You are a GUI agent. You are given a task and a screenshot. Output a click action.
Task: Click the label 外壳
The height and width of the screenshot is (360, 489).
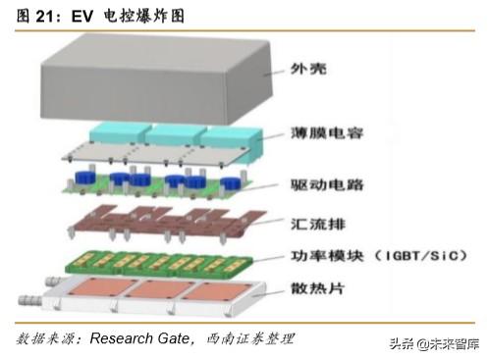308,69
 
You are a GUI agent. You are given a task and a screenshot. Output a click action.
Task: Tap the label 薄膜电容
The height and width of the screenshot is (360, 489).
327,133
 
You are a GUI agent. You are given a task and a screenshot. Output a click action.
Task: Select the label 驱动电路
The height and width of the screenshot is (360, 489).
327,185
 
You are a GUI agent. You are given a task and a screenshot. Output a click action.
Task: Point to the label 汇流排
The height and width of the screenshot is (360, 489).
318,225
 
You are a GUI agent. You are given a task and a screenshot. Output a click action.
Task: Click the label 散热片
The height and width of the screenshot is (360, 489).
317,288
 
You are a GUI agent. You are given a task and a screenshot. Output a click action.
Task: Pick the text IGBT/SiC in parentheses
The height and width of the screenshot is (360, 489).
421,256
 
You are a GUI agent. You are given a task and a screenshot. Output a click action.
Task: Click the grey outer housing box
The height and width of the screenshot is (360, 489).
156,79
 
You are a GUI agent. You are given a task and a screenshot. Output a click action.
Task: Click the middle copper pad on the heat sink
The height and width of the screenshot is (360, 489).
160,289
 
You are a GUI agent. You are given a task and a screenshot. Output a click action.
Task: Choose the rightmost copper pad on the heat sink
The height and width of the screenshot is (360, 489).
217,292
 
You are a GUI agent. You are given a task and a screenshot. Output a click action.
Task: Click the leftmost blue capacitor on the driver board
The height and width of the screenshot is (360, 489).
85,178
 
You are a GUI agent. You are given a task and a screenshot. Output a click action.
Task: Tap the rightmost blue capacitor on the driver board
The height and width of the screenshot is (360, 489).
231,184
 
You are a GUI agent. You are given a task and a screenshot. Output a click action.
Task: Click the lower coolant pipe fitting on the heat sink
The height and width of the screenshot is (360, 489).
30,300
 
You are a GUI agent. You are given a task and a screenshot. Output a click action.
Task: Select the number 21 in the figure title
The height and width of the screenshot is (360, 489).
45,17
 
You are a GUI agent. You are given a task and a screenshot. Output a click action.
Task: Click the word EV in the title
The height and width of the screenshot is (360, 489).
82,17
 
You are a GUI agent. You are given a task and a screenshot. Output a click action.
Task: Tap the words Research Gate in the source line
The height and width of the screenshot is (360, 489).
139,338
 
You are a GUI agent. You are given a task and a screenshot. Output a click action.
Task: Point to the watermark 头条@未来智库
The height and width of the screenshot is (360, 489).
434,344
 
